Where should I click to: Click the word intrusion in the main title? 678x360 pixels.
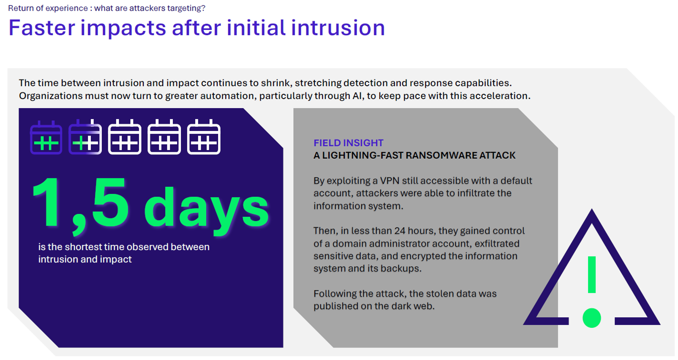[x=338, y=28]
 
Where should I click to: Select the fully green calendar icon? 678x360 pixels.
[x=46, y=138]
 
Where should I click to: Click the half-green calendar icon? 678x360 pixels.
[x=85, y=138]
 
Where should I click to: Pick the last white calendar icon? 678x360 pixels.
[x=204, y=137]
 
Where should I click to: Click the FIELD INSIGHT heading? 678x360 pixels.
[x=348, y=143]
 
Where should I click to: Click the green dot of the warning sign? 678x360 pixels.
[x=591, y=318]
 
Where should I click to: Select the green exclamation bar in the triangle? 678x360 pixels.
[x=592, y=275]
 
